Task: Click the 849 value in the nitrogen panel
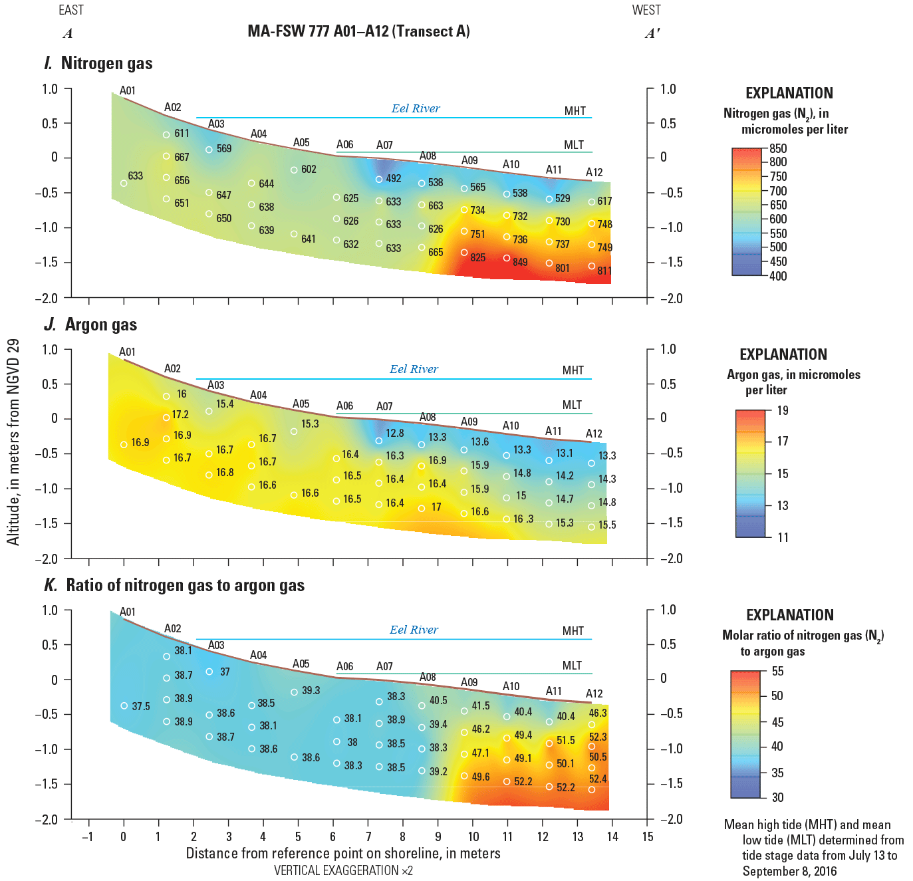coord(520,262)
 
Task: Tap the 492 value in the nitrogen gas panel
coord(393,178)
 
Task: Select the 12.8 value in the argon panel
coord(394,433)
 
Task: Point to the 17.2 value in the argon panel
coord(180,414)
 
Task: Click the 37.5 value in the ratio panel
coord(141,706)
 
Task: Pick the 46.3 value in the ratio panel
coord(598,713)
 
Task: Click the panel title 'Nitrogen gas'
coord(106,63)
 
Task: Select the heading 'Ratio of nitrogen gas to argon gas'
coord(185,585)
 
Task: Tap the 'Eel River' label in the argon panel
coord(414,369)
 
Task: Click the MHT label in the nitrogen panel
coord(575,111)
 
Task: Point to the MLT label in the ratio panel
coord(572,666)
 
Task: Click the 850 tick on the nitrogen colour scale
coord(778,148)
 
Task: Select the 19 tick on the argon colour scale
coord(783,410)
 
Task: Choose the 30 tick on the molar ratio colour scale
coord(777,797)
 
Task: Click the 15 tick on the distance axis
coord(648,836)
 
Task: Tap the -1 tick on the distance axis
coord(87,836)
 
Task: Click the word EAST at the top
coord(71,10)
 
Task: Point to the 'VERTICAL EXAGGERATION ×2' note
coord(343,870)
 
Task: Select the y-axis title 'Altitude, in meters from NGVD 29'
coord(13,441)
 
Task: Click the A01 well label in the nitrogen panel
coord(127,90)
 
